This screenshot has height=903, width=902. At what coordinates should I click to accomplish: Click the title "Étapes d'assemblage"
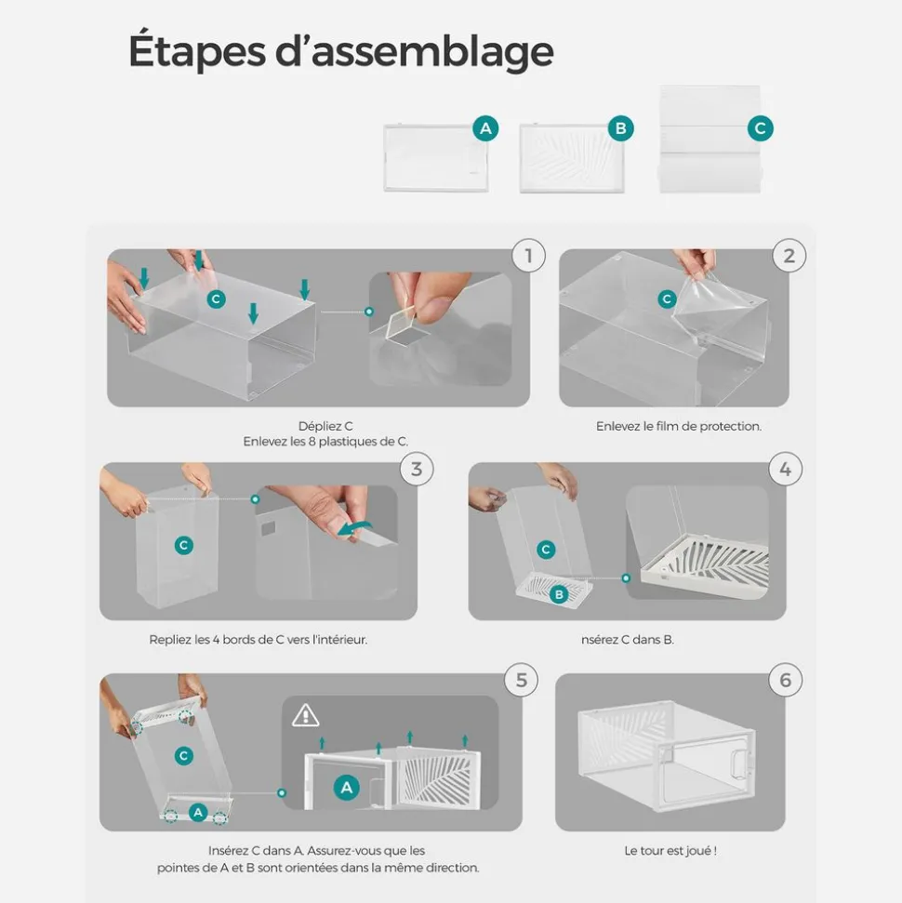(341, 50)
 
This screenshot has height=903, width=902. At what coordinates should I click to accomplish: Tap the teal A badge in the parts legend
(485, 127)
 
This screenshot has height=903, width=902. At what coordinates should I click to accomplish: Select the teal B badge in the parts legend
(621, 127)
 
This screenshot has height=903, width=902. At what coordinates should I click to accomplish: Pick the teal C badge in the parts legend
(761, 127)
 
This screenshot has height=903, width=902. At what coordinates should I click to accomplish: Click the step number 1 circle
(529, 255)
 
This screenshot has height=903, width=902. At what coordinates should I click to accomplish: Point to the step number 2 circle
(789, 255)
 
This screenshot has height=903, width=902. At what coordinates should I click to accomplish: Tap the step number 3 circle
(417, 469)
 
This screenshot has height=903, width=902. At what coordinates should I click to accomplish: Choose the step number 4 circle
(785, 469)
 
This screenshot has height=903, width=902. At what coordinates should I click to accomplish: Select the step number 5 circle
(522, 680)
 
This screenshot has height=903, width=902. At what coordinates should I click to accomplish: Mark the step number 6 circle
(785, 680)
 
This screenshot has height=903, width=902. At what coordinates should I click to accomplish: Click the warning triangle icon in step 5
(305, 715)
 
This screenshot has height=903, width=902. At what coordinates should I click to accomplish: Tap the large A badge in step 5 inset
(346, 788)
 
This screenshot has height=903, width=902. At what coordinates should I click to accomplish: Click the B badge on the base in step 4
(559, 593)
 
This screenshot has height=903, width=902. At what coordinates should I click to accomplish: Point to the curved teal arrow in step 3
(353, 527)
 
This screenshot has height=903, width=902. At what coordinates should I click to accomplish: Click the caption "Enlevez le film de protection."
(679, 426)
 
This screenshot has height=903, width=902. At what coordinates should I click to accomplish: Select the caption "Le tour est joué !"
(670, 851)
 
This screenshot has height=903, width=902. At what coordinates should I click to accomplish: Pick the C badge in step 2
(667, 299)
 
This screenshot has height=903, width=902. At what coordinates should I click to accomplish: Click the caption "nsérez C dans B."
(628, 639)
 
